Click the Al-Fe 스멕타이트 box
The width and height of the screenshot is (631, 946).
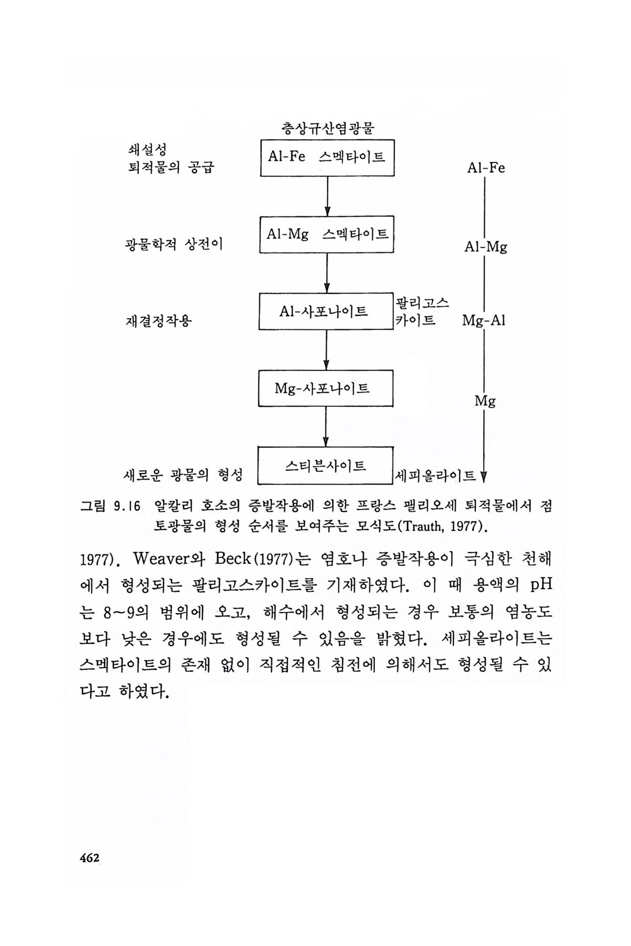(x=327, y=158)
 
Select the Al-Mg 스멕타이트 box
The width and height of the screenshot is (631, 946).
(x=327, y=234)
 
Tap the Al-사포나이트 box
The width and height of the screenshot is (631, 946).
(x=326, y=312)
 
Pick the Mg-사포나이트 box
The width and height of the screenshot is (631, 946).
(x=325, y=389)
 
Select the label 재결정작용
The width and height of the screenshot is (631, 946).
(x=158, y=321)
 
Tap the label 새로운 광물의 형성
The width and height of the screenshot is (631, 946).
(x=182, y=476)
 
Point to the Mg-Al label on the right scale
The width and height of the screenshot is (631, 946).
(x=483, y=321)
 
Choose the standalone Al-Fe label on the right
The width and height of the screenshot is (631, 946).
(x=485, y=168)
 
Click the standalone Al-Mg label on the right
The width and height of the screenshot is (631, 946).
(x=485, y=246)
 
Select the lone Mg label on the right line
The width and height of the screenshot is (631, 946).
(x=485, y=402)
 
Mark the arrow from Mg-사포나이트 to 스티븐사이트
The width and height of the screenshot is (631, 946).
(x=325, y=426)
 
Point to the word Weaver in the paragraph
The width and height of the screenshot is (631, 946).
(x=158, y=558)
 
